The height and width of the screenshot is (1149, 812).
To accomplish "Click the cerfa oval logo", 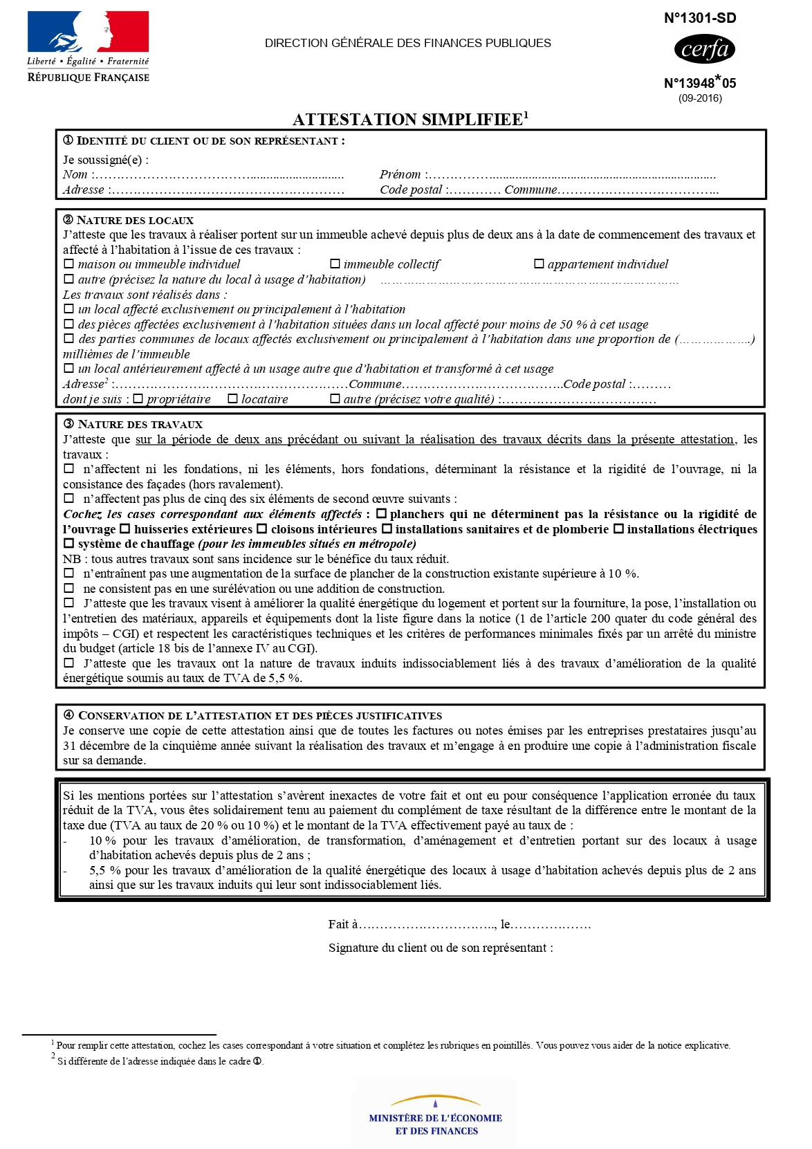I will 704,49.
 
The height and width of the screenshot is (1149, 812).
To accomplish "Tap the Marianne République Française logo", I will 88,46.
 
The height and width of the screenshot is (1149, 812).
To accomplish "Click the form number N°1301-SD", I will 700,19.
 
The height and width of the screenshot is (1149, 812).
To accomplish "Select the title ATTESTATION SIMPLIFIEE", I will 407,120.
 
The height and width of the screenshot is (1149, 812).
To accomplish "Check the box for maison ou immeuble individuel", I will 68,264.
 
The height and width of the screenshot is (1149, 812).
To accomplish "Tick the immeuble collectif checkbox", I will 335,264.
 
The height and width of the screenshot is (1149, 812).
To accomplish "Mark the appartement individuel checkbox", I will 539,264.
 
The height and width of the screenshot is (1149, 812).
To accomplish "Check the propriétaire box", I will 138,399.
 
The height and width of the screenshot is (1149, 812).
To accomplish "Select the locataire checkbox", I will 232,399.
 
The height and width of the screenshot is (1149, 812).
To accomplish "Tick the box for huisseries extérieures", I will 125,529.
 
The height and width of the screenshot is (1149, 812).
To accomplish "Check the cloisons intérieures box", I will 261,529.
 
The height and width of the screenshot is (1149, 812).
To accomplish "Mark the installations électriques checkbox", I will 618,529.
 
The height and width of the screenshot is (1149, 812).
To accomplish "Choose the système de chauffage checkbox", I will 68,544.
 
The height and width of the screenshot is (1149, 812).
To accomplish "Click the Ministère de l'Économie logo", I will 435,1114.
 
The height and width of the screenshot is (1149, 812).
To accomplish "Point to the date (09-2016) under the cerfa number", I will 700,98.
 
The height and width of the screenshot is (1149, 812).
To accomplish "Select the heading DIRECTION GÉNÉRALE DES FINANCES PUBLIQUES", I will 407,44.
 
